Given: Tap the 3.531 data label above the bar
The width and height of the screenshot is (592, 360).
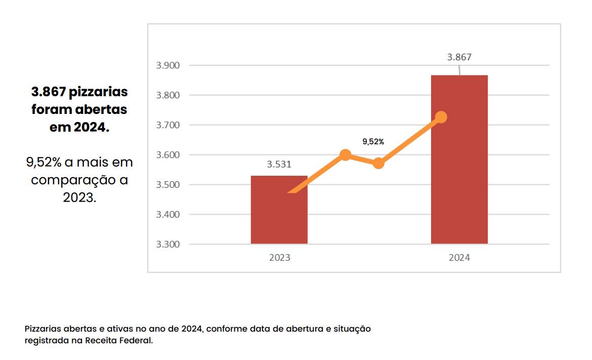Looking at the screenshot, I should tap(279, 164).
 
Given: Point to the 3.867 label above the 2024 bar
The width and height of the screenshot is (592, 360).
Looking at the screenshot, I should tap(459, 57).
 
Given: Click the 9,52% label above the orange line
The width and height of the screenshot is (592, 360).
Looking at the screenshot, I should tap(373, 142).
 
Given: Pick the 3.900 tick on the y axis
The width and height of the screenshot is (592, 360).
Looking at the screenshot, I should tap(167, 65).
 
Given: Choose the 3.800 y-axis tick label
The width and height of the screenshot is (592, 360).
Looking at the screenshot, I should tap(167, 95).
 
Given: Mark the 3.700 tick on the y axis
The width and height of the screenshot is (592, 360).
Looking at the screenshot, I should tap(167, 125).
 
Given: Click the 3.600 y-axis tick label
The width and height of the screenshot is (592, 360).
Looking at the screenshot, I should tap(167, 155).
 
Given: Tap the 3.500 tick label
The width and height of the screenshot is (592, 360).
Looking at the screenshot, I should tap(167, 185).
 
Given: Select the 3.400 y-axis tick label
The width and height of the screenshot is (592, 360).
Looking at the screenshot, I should tap(167, 215).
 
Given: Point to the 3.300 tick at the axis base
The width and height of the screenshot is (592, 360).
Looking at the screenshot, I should tap(167, 245).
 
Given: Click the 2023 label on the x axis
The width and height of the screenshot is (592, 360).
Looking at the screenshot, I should tap(279, 258).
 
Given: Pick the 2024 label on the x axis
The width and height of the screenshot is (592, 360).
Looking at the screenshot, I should tap(459, 258).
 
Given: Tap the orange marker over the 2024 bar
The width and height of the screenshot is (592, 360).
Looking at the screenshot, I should tap(441, 117).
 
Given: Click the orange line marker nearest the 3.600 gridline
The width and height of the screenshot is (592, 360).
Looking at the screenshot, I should tap(345, 155).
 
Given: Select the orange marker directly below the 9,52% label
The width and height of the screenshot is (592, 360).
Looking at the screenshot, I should tap(378, 163).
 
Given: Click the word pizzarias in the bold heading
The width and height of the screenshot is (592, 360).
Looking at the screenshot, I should tap(99, 92).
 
